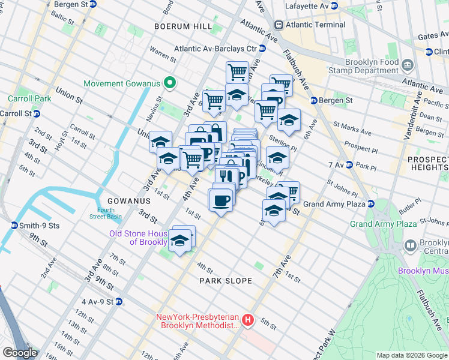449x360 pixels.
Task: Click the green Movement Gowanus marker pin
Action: (x=170, y=83)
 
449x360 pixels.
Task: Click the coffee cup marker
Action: (x=221, y=200)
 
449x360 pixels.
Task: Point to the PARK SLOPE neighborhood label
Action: (x=225, y=281)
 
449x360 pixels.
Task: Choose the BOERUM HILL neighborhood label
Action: (x=183, y=27)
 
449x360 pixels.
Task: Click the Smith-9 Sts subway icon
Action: (x=14, y=226)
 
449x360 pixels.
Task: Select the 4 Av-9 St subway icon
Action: (x=119, y=301)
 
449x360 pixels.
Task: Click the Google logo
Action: (x=20, y=352)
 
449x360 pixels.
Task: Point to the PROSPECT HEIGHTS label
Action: (x=428, y=163)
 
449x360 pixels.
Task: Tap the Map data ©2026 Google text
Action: (x=411, y=355)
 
